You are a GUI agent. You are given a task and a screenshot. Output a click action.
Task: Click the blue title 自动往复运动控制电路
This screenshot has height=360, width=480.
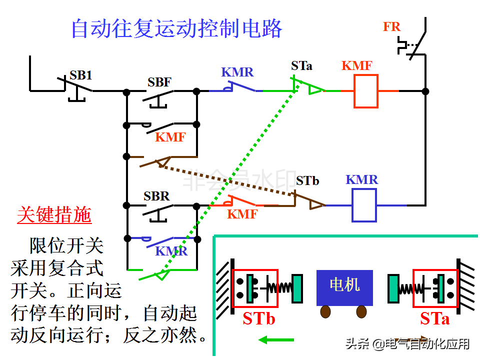pyautogui.click(x=176, y=28)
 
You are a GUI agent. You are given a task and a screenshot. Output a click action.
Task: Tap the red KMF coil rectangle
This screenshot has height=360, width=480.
pyautogui.click(x=366, y=91)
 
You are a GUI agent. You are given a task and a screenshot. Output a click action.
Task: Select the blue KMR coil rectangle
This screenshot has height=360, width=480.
pyautogui.click(x=364, y=205)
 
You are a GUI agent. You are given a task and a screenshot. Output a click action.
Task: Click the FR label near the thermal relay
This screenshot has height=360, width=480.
pyautogui.click(x=391, y=27)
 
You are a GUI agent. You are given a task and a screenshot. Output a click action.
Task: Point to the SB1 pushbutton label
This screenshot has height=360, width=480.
pyautogui.click(x=81, y=75)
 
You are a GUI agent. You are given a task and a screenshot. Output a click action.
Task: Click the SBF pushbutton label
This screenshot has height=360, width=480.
pyautogui.click(x=159, y=82)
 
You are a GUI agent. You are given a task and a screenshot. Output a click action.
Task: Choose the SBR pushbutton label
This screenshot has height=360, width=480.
pyautogui.click(x=156, y=196)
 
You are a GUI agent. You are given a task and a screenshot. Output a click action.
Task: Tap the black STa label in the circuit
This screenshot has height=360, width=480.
pyautogui.click(x=302, y=65)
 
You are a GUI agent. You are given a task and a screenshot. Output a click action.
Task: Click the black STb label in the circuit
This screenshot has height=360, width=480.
pyautogui.click(x=307, y=180)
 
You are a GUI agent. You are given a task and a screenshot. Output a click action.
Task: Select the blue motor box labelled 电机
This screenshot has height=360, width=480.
pyautogui.click(x=344, y=287)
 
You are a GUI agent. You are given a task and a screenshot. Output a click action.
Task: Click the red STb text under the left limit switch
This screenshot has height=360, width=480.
pyautogui.click(x=259, y=319)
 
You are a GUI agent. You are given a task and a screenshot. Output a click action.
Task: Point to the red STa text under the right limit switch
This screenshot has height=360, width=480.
pyautogui.click(x=434, y=319)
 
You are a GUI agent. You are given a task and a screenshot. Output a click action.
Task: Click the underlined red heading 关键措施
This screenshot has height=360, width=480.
pyautogui.click(x=54, y=215)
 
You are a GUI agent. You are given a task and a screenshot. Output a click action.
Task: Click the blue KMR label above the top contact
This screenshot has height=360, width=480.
pyautogui.click(x=237, y=72)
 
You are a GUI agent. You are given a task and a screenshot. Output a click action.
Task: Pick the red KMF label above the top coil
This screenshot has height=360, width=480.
pyautogui.click(x=357, y=66)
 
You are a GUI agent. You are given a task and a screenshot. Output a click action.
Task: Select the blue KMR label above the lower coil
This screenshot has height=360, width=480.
pyautogui.click(x=362, y=180)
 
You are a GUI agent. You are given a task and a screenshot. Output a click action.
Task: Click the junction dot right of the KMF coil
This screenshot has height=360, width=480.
pyautogui.click(x=425, y=91)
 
